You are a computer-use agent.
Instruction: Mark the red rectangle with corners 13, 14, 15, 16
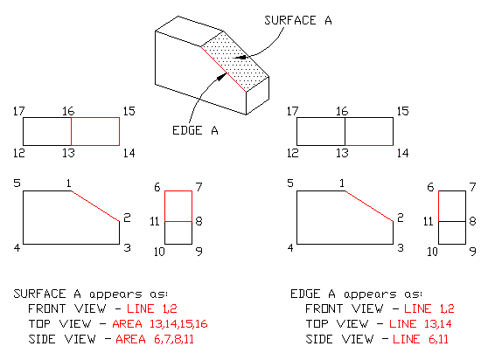tap(95, 131)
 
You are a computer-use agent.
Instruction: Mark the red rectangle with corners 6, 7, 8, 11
tap(178, 205)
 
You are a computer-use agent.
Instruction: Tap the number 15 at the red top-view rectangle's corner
tap(129, 111)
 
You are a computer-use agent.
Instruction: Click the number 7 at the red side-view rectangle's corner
tap(199, 188)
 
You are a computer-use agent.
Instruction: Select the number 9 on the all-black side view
tap(472, 251)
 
